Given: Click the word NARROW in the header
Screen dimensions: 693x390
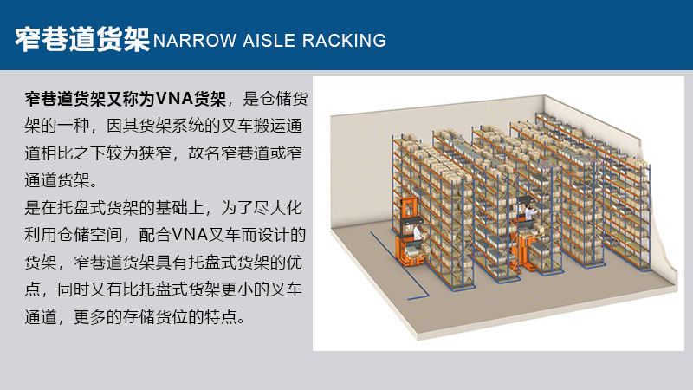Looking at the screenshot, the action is (x=194, y=41).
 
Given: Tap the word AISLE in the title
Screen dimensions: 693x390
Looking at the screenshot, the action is (x=269, y=41).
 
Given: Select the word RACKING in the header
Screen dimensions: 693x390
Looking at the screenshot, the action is (x=344, y=41).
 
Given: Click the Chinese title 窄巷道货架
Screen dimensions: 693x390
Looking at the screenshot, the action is (x=82, y=40).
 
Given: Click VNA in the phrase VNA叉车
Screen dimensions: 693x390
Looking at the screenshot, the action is (x=190, y=234).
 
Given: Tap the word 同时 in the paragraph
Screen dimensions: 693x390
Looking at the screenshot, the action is (x=74, y=289).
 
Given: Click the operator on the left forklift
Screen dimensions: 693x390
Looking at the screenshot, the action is (x=418, y=233).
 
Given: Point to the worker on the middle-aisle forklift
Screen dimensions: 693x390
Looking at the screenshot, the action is (x=528, y=214).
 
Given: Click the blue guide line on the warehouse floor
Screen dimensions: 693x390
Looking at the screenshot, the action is (x=393, y=264).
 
